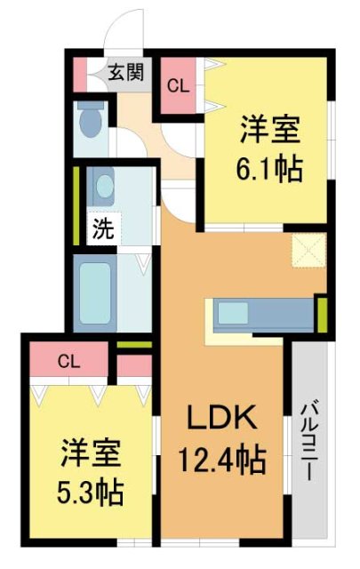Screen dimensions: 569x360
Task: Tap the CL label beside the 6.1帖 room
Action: point(179,86)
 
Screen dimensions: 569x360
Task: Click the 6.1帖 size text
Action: point(268,167)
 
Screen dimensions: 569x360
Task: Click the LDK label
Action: point(221,417)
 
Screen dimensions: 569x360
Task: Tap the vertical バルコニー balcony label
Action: point(309,441)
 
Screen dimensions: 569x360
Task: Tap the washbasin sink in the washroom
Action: point(104,188)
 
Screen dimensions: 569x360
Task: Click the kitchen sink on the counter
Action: point(236,314)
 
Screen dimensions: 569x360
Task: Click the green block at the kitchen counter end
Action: point(321,312)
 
